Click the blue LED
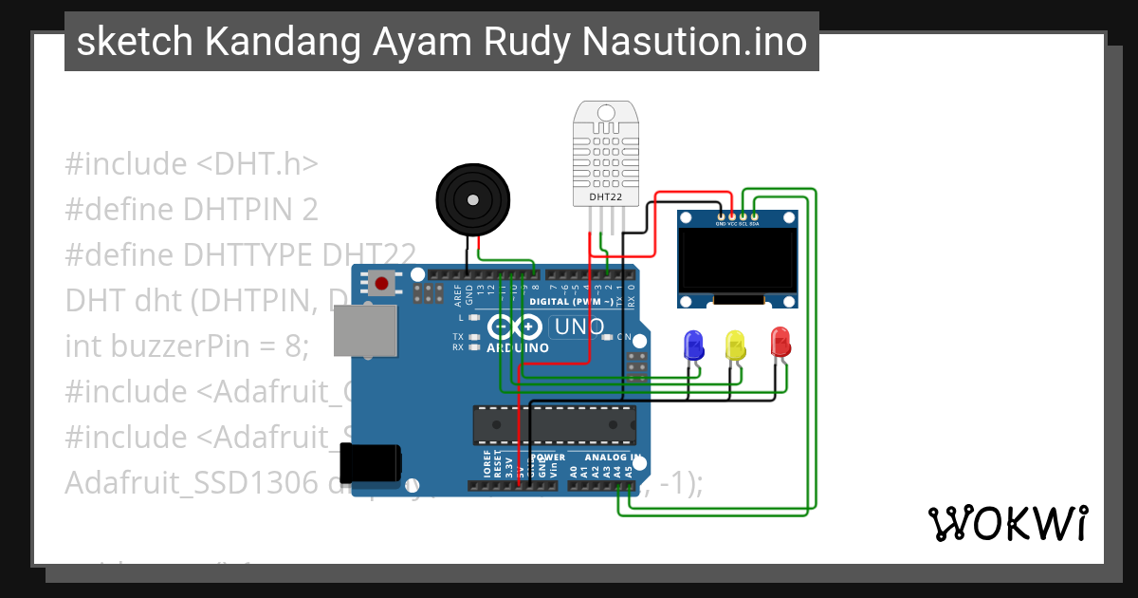693,344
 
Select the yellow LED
735,344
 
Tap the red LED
780,342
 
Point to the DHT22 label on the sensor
605,197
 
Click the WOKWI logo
1007,523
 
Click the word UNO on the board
578,327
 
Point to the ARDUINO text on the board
518,348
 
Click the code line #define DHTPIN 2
191,209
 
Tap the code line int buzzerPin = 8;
187,346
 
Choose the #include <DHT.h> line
191,163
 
